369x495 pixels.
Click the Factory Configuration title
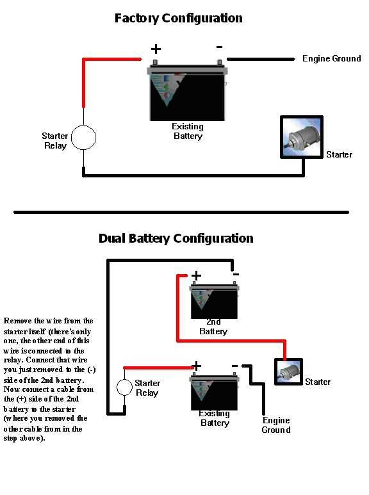click(178, 18)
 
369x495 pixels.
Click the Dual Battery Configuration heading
click(176, 238)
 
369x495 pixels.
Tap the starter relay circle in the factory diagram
click(83, 137)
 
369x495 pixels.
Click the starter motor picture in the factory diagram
click(302, 138)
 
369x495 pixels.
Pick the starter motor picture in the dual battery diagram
click(288, 371)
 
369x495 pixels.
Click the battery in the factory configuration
click(187, 92)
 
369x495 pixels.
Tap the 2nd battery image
click(214, 301)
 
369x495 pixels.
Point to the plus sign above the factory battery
click(156, 49)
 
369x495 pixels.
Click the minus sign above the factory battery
click(219, 47)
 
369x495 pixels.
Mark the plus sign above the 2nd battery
click(196, 275)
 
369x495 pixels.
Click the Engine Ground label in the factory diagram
click(331, 59)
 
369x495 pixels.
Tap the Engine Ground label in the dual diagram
click(275, 425)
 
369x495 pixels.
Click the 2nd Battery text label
click(213, 327)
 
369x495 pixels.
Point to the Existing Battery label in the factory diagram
click(188, 131)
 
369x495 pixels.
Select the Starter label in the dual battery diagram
click(318, 382)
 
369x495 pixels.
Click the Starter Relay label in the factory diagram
click(54, 141)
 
